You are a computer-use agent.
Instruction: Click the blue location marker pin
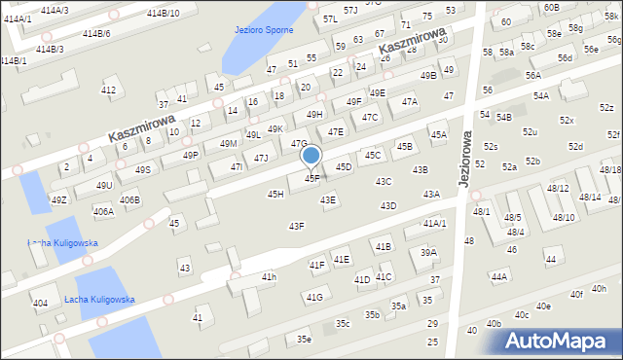(x=311, y=157)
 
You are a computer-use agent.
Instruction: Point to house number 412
(x=108, y=90)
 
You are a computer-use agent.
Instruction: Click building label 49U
(x=104, y=185)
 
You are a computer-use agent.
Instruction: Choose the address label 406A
(x=103, y=211)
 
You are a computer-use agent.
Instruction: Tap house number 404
(x=40, y=304)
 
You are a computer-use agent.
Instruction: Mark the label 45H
(x=275, y=195)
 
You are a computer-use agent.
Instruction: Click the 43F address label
(x=296, y=226)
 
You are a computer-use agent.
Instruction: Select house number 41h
(x=269, y=277)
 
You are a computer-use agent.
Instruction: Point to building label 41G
(x=313, y=298)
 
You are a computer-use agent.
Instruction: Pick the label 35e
(x=304, y=339)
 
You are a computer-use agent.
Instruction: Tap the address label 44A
(x=499, y=276)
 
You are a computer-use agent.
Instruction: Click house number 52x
(x=567, y=121)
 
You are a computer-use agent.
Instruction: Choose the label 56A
(x=532, y=75)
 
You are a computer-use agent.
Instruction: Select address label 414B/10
(x=163, y=13)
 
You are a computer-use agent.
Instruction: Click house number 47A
(x=410, y=101)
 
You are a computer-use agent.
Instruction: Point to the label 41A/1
(x=434, y=223)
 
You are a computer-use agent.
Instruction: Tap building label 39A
(x=428, y=252)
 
